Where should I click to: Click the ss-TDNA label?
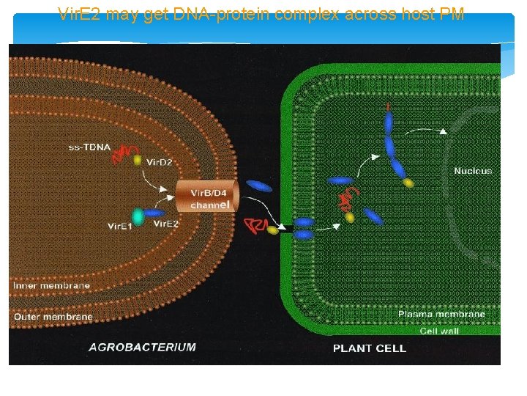pos(89,147)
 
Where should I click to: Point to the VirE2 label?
pos(165,224)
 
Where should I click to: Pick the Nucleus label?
pos(473,171)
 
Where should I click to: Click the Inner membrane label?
pos(51,285)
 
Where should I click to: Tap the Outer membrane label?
pos(53,317)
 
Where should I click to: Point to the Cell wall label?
pos(438,331)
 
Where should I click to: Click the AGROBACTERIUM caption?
pos(142,347)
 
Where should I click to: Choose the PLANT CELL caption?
pos(369,348)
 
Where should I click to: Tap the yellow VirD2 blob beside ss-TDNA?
pos(138,159)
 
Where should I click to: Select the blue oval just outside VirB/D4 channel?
pos(259,186)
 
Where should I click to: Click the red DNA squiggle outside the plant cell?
pos(255,225)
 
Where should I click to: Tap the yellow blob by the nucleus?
pos(408,183)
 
